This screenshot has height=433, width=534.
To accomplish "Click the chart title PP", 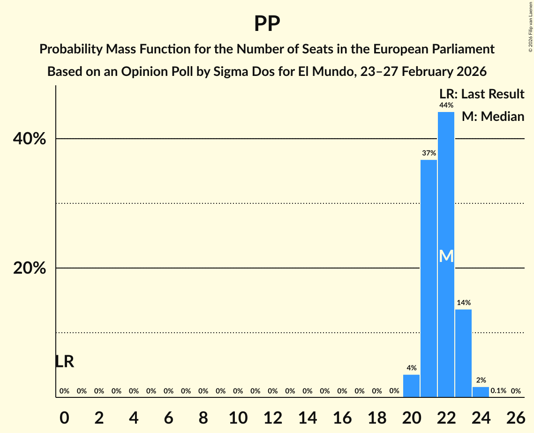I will pyautogui.click(x=267, y=24).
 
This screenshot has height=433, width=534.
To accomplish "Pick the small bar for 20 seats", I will pyautogui.click(x=411, y=386).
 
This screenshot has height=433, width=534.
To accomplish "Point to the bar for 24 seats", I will pyautogui.click(x=481, y=392).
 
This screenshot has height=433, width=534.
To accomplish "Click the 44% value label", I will pyautogui.click(x=446, y=105).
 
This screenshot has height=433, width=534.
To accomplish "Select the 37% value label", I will pyautogui.click(x=429, y=153).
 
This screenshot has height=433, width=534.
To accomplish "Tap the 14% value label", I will pyautogui.click(x=463, y=303).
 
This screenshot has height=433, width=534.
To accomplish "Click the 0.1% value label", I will pyautogui.click(x=498, y=391).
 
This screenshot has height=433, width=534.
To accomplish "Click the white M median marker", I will pyautogui.click(x=446, y=256).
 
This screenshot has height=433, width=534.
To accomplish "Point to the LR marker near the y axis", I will pyautogui.click(x=64, y=362).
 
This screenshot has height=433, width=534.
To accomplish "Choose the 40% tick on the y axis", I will pyautogui.click(x=29, y=139).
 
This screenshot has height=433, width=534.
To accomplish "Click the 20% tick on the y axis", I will pyautogui.click(x=29, y=269).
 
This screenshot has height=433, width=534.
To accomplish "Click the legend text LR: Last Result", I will pyautogui.click(x=481, y=94).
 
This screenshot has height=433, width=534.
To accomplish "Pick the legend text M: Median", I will pyautogui.click(x=492, y=116).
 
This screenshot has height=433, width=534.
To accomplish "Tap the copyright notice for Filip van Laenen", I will pyautogui.click(x=530, y=26).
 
